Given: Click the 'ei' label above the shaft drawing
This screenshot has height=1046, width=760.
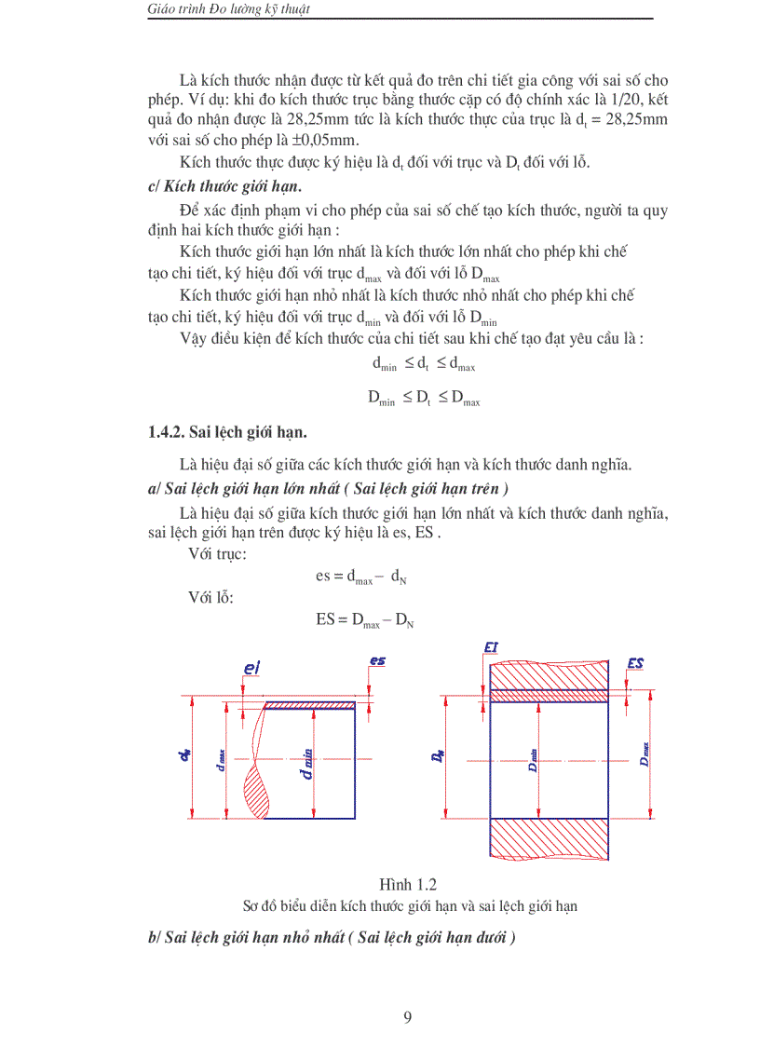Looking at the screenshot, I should click(250, 668).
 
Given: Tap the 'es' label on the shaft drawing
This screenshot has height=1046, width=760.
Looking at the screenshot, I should click(377, 661).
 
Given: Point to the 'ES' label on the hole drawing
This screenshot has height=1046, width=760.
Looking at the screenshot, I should click(637, 663).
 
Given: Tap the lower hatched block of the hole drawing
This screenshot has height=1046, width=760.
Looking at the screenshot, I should click(549, 837).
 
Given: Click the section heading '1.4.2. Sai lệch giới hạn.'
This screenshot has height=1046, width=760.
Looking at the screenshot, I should click(227, 432).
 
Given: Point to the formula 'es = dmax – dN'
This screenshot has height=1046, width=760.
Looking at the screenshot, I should click(360, 577).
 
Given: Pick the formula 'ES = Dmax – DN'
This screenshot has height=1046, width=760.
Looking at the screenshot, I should click(364, 618).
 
